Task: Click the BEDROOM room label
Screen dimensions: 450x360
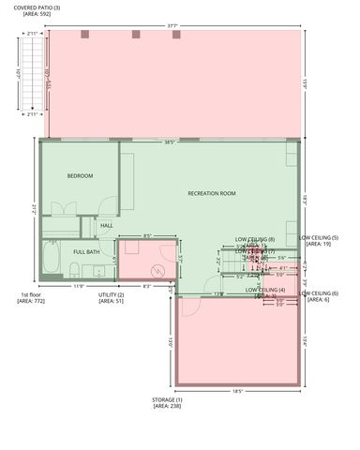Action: click(80, 175)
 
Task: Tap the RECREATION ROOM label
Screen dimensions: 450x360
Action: click(211, 193)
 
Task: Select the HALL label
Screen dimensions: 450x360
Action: click(106, 225)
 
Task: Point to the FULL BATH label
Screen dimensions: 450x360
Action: click(87, 251)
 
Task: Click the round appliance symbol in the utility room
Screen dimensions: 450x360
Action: click(158, 271)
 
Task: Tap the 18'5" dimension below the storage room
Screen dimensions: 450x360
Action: click(237, 391)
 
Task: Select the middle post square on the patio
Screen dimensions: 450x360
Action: click(136, 35)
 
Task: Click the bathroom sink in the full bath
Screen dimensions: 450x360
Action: click(97, 272)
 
